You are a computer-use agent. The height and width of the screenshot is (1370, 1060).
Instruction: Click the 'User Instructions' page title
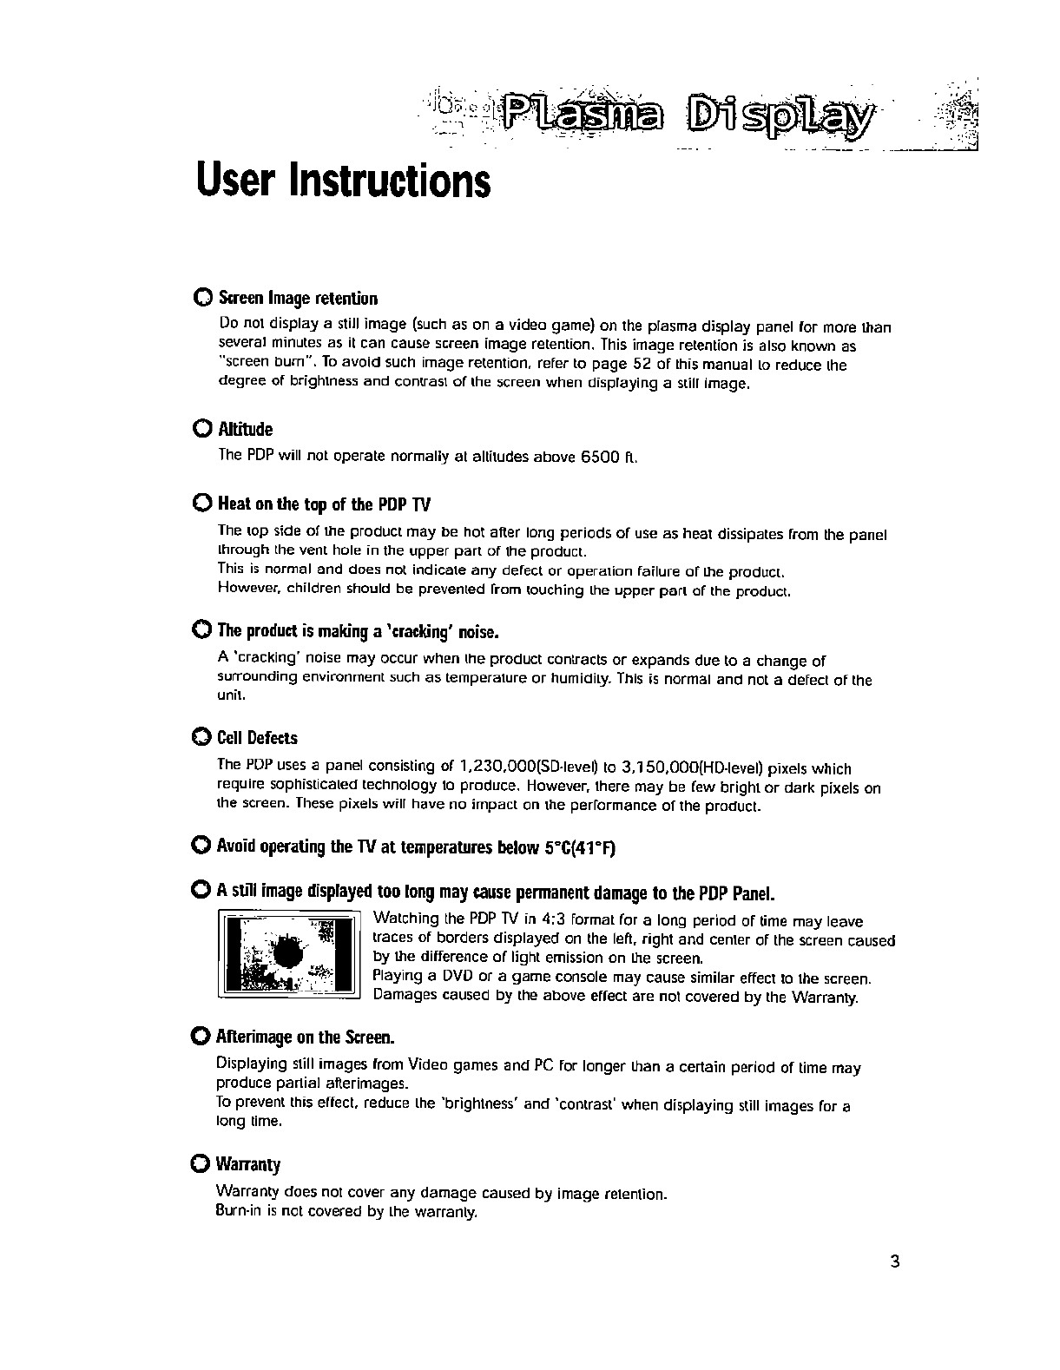(x=344, y=181)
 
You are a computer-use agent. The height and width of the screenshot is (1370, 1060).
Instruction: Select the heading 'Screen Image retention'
(x=299, y=300)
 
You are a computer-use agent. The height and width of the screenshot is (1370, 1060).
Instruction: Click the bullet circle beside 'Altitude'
(x=201, y=430)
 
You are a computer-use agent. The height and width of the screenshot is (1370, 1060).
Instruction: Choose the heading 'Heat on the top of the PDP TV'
(x=324, y=505)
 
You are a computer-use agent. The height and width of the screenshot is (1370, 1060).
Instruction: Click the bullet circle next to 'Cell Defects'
(x=201, y=738)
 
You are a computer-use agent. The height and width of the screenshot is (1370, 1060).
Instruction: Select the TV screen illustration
(x=288, y=953)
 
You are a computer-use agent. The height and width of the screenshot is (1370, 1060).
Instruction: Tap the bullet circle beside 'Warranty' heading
(x=201, y=1163)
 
